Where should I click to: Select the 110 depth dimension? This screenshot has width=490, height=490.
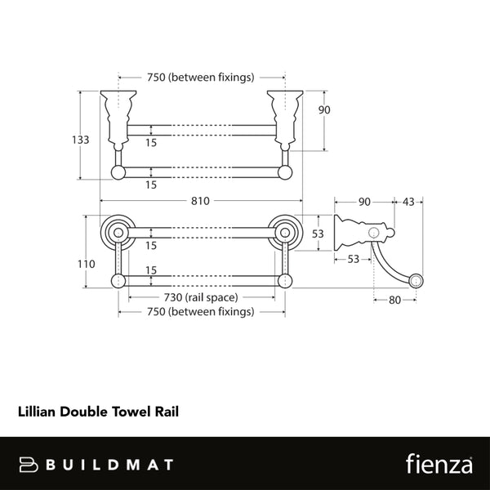tap(85, 264)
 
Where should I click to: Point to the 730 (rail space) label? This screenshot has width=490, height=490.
tap(200, 297)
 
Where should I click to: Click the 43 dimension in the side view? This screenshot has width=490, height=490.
tap(408, 201)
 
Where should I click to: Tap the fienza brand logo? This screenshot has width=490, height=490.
tap(439, 464)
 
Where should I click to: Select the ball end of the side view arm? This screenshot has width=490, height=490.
tap(416, 282)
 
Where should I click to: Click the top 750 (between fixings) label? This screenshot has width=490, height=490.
tap(200, 78)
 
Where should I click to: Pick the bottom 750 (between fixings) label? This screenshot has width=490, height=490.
tap(200, 311)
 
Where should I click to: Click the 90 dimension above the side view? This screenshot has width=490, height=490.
tap(364, 201)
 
